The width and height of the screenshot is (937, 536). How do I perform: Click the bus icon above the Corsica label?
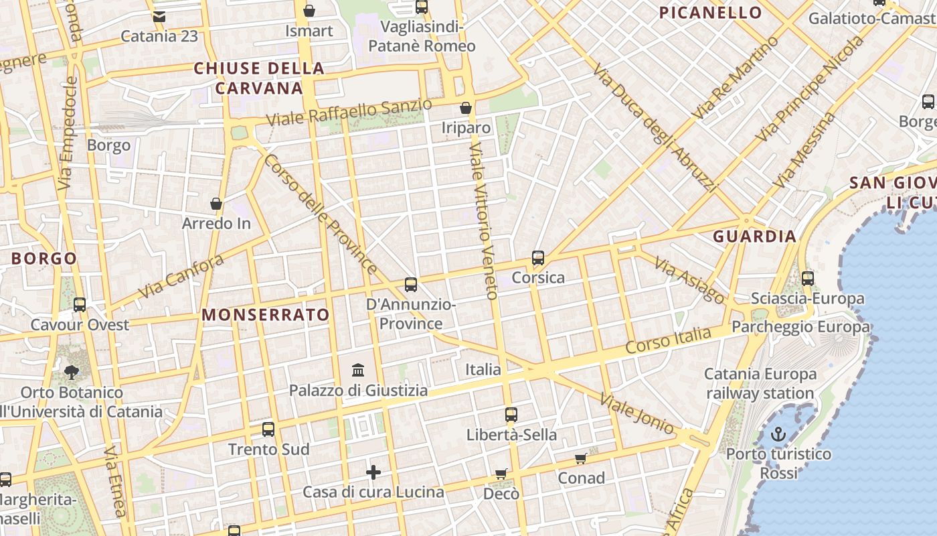point(537,258)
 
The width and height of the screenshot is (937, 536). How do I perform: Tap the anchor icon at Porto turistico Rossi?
point(778,434)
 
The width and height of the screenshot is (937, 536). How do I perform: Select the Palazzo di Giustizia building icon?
point(358,370)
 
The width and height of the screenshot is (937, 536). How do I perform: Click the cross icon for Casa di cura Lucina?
point(373,472)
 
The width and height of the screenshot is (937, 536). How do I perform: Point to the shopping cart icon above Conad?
point(581,458)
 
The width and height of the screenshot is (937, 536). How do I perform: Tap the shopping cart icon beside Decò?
point(501,474)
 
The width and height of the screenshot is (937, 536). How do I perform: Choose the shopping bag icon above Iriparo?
point(466,108)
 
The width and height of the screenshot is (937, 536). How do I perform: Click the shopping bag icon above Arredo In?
point(216,204)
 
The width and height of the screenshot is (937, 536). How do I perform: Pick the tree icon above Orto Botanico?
point(72,373)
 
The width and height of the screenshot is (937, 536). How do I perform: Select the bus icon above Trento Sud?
point(268,429)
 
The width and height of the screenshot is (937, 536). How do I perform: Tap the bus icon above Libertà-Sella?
point(511,415)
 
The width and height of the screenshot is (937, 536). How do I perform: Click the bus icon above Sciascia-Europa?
point(808,278)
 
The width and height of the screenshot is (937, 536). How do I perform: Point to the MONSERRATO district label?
point(266,315)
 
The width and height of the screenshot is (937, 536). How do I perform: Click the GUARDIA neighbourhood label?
point(754,236)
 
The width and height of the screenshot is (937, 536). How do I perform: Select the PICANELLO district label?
point(710,13)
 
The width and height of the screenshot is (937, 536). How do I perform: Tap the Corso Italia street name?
point(668,340)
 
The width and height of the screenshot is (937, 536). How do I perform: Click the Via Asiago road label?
point(689,280)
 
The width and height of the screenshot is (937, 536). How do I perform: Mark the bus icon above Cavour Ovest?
point(80,305)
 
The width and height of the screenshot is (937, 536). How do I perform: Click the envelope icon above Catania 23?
point(159,16)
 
